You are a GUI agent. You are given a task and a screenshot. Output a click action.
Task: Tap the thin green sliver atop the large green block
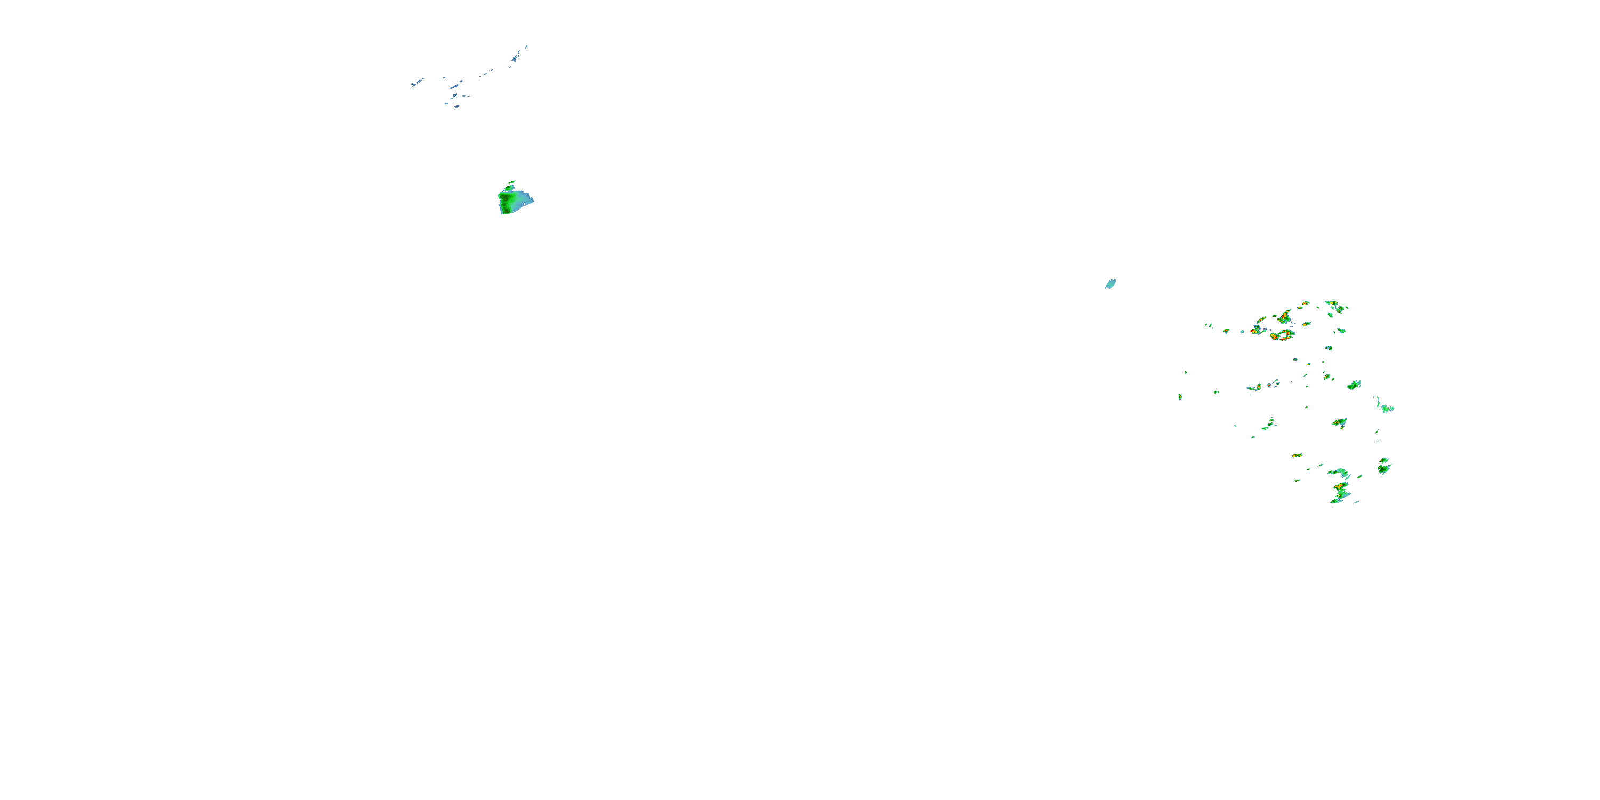(x=510, y=184)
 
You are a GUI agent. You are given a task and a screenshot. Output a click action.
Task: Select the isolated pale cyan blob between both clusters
(x=1110, y=284)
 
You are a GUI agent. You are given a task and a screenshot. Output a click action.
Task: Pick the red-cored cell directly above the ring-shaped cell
(x=1284, y=318)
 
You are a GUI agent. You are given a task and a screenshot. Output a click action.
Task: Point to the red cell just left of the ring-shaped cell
(x=1254, y=331)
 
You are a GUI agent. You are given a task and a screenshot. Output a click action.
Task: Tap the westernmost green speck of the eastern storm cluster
(x=1180, y=396)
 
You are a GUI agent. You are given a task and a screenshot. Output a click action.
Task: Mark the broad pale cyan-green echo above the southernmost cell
(x=1339, y=473)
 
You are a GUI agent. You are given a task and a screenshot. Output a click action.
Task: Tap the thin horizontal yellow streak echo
(x=1297, y=455)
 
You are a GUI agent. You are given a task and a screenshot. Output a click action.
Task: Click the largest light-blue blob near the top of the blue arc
(x=516, y=58)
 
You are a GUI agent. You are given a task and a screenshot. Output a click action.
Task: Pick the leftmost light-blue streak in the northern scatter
(x=416, y=83)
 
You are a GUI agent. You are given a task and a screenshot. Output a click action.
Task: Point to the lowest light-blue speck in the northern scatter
(x=457, y=106)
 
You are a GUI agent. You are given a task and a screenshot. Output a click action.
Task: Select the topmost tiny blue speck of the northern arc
(x=527, y=46)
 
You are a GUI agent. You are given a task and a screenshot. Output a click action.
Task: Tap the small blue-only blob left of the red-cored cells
(x=1242, y=332)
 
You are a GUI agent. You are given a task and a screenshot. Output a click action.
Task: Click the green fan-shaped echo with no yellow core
(x=1354, y=385)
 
